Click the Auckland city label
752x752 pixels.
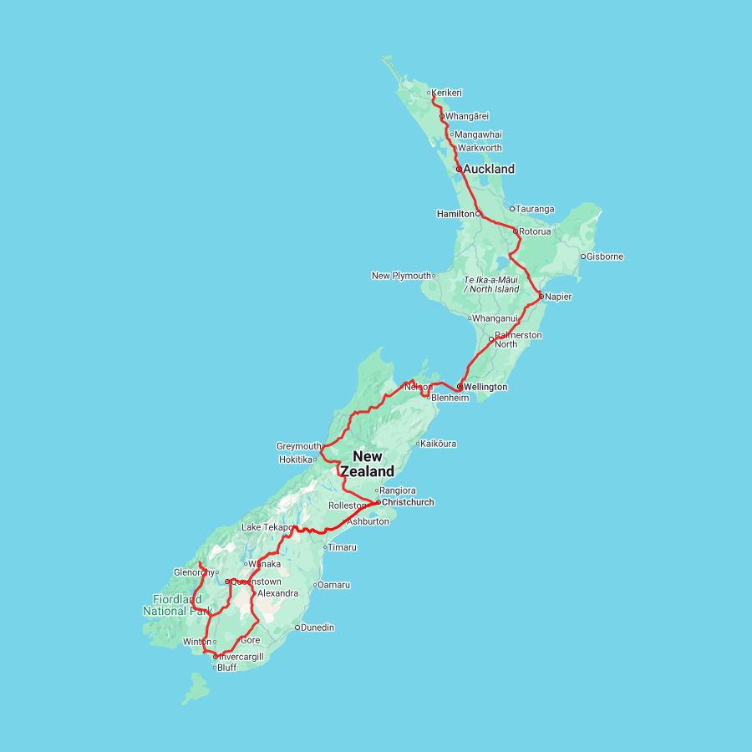click(489, 169)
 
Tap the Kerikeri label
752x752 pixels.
click(447, 93)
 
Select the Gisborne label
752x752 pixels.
click(605, 257)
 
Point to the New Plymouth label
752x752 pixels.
click(401, 276)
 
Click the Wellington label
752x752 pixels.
click(485, 388)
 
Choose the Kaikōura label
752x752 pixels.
click(439, 444)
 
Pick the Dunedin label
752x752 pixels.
click(318, 628)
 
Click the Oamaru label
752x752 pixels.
click(334, 585)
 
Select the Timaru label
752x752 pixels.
click(343, 547)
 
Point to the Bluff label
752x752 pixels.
click(227, 668)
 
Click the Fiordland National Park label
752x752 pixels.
click(177, 605)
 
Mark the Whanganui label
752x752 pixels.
click(495, 318)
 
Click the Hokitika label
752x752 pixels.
click(296, 460)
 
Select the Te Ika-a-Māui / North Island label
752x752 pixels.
click(491, 284)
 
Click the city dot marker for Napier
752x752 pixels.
click(541, 297)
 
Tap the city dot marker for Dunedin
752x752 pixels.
click(297, 628)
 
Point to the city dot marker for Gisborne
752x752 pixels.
click(583, 257)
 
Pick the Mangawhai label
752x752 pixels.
click(479, 135)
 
